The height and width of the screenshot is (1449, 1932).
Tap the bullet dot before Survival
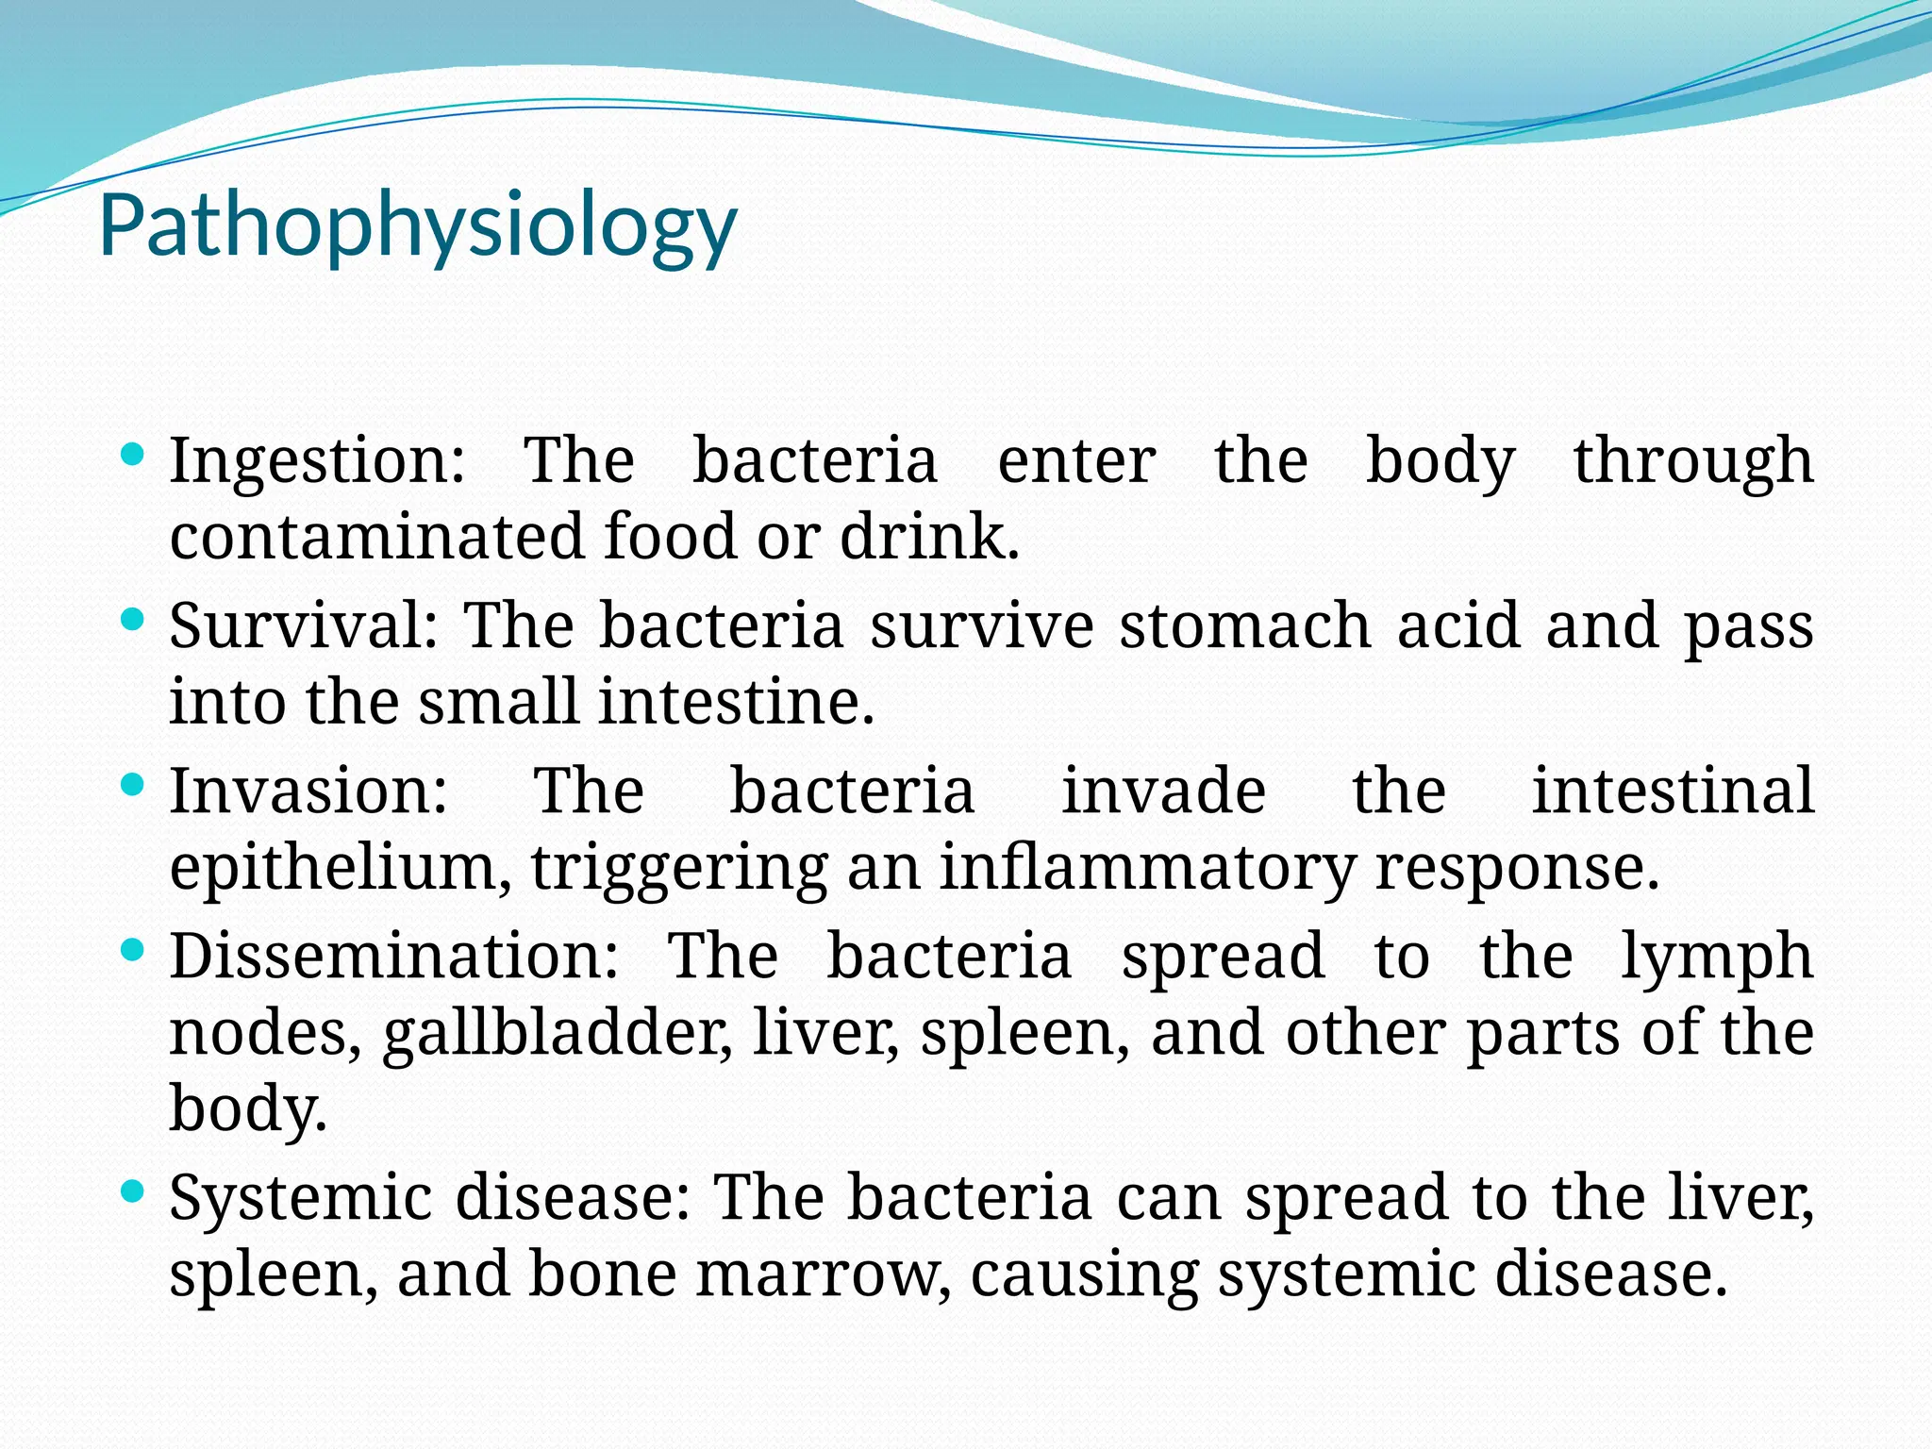tap(133, 621)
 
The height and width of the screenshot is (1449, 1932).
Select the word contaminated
tap(377, 537)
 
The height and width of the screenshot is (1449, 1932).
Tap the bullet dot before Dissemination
tap(133, 950)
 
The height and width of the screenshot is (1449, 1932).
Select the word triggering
tap(679, 868)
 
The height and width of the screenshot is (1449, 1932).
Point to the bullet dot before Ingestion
tap(133, 456)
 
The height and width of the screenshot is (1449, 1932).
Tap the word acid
tap(1458, 625)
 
